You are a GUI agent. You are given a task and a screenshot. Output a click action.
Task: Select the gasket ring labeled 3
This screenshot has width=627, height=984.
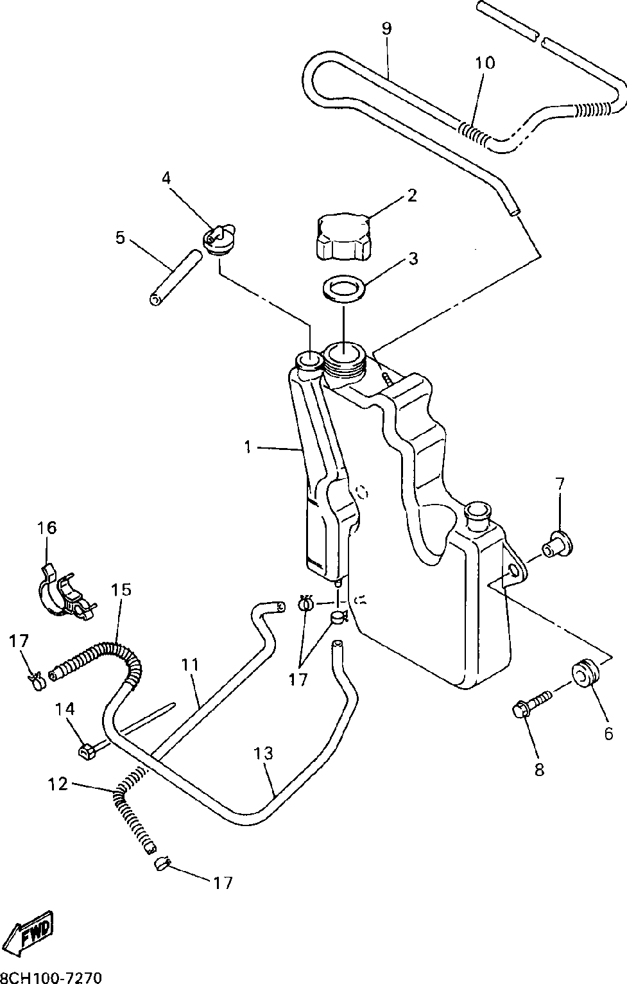[343, 288]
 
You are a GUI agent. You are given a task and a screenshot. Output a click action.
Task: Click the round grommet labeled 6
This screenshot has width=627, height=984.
[585, 673]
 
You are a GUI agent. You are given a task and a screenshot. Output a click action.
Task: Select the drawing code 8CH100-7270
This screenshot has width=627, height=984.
[51, 978]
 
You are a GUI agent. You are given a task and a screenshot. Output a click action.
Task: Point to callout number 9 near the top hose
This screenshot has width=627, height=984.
[386, 28]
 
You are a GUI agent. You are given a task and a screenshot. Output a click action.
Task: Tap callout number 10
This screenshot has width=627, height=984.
[485, 62]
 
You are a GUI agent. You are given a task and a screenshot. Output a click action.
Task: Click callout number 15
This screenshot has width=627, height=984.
[121, 589]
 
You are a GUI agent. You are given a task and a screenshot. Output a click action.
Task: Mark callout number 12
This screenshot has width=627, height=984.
[58, 784]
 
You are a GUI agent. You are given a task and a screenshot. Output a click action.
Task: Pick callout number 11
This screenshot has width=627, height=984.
[189, 664]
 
